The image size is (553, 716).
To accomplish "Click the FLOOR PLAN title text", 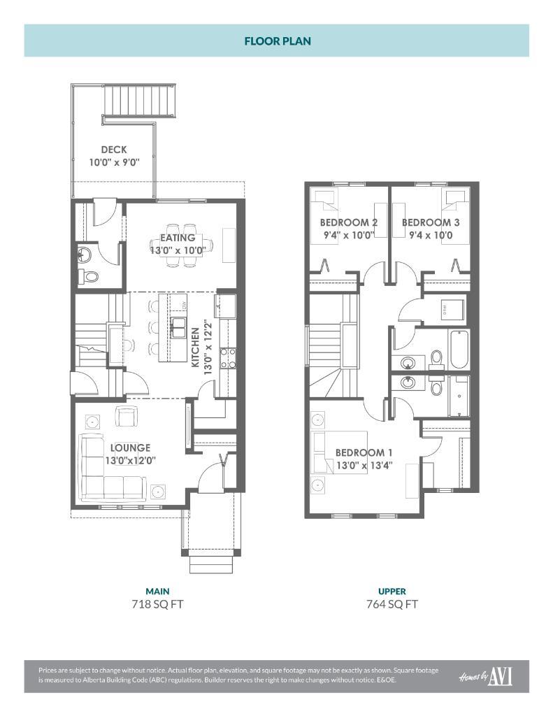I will point(277,41).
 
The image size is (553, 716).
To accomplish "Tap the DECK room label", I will point(114,149).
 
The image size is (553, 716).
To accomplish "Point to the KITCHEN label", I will point(196,347).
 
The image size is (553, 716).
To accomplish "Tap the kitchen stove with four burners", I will point(228,358).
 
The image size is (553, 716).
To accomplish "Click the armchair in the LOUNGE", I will point(127,417).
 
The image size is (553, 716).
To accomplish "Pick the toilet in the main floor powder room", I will point(88,276).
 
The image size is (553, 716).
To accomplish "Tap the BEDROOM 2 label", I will point(349,222).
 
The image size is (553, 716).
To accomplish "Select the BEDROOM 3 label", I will point(431,222).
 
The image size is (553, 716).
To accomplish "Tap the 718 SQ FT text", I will point(157,604).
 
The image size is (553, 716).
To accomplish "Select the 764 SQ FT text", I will point(392,604).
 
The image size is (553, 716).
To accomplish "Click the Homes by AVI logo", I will point(485,676).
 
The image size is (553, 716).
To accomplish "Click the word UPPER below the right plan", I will point(392,591).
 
